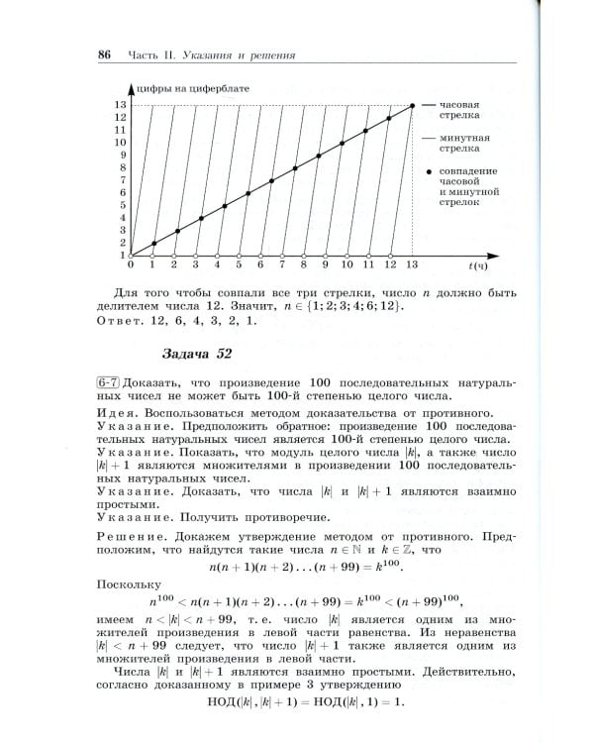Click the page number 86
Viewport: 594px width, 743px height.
[x=103, y=53]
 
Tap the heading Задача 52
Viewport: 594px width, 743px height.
[x=197, y=354]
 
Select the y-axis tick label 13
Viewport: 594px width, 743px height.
[x=120, y=105]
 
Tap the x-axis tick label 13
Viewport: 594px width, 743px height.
[x=412, y=266]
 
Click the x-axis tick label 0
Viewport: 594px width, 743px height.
[x=131, y=266]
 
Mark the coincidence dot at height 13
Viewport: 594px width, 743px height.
[x=412, y=105]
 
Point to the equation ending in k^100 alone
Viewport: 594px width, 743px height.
[x=296, y=568]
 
